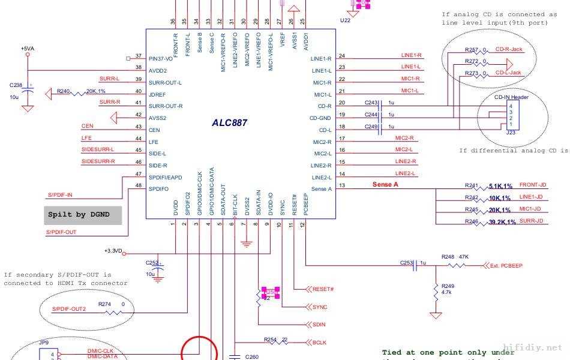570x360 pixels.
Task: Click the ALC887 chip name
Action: (229, 123)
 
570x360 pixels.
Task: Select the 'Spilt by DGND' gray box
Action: (83, 215)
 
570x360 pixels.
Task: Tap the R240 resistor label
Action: (64, 92)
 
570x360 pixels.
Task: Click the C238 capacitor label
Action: (16, 85)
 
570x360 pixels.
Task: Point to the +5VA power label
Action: (28, 49)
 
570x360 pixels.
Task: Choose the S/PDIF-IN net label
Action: (60, 195)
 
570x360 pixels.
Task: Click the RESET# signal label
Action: (323, 289)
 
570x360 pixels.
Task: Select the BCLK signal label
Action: (319, 343)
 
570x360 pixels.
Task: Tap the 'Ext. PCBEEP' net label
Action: (506, 265)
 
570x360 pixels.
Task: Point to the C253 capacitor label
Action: (407, 263)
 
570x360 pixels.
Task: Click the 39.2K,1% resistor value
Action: (502, 222)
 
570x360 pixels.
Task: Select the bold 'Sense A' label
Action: (385, 185)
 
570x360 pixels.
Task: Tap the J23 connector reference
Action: (511, 133)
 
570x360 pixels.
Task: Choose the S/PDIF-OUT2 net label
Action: (68, 309)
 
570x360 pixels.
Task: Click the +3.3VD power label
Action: (112, 251)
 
